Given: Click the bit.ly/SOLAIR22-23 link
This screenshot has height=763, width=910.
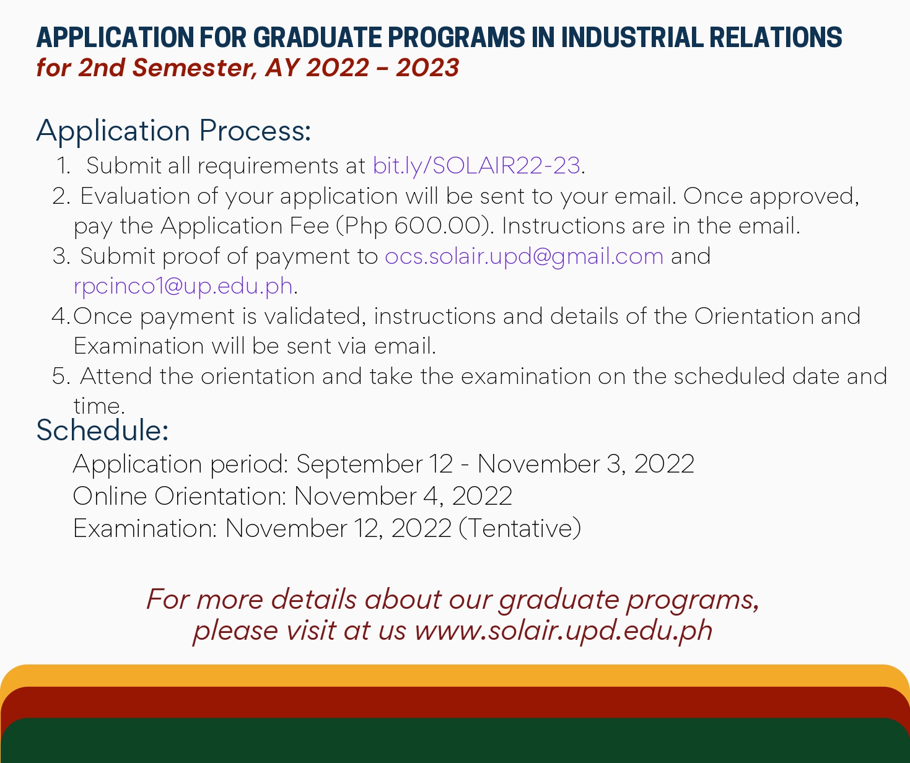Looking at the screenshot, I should coord(476,166).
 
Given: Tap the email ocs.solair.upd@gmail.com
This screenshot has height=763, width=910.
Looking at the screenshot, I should coord(524,256).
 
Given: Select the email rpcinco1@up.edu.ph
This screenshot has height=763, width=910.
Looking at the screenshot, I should coord(183,286).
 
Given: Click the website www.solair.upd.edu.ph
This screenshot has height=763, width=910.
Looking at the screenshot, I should coord(563,630).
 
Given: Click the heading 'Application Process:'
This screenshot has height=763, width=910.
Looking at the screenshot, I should coord(173,131).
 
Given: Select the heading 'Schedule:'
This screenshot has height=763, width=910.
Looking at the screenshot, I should coord(102,430).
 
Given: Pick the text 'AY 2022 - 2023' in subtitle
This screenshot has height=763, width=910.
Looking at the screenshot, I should coord(362,68).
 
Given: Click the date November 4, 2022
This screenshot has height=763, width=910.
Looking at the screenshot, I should coord(403,496).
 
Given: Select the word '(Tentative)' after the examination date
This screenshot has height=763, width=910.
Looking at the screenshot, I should coord(520,528).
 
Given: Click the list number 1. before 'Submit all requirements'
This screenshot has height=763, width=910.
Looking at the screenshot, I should coord(63,166).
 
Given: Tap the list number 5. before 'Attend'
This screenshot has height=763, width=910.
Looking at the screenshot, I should coord(61,377).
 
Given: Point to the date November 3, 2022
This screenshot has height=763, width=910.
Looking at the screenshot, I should coord(585,464).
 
